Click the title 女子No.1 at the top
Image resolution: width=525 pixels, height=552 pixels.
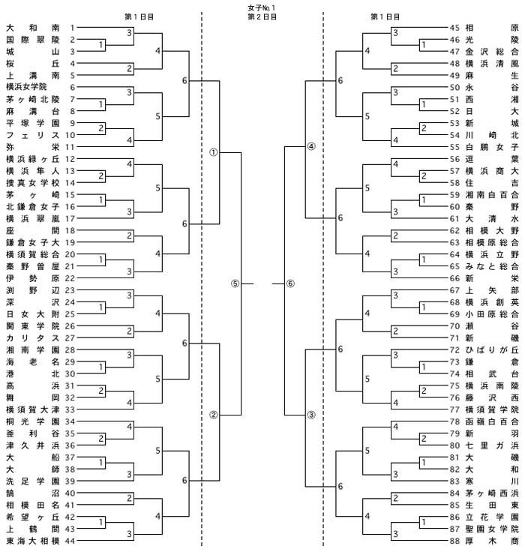click(x=262, y=7)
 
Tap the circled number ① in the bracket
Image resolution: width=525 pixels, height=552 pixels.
click(x=214, y=152)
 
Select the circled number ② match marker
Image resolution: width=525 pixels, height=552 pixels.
click(x=214, y=415)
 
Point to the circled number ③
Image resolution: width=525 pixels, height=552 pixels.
click(x=311, y=415)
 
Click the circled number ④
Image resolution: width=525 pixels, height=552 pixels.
click(x=311, y=146)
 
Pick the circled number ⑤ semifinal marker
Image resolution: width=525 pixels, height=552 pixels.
click(x=235, y=283)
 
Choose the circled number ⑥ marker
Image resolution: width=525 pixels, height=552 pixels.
click(x=290, y=283)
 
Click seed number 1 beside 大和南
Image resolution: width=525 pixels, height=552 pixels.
click(x=72, y=28)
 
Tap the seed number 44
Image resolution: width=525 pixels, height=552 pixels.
click(x=70, y=541)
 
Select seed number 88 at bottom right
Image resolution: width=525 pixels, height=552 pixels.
click(x=454, y=541)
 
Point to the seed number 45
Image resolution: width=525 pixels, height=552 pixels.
click(x=454, y=28)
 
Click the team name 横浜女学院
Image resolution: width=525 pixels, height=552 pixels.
click(x=26, y=87)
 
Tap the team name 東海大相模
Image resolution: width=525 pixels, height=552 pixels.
click(x=33, y=541)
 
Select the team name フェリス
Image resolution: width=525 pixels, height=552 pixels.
click(x=33, y=135)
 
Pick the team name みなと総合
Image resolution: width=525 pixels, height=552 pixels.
click(x=492, y=266)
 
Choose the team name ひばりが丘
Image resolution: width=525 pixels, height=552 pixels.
click(x=492, y=349)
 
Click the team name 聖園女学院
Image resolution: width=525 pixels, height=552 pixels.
click(x=492, y=529)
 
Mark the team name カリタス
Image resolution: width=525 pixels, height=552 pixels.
click(x=33, y=338)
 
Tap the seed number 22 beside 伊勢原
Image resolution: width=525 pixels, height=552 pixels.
click(x=70, y=278)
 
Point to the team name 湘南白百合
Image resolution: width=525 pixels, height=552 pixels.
click(x=492, y=195)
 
